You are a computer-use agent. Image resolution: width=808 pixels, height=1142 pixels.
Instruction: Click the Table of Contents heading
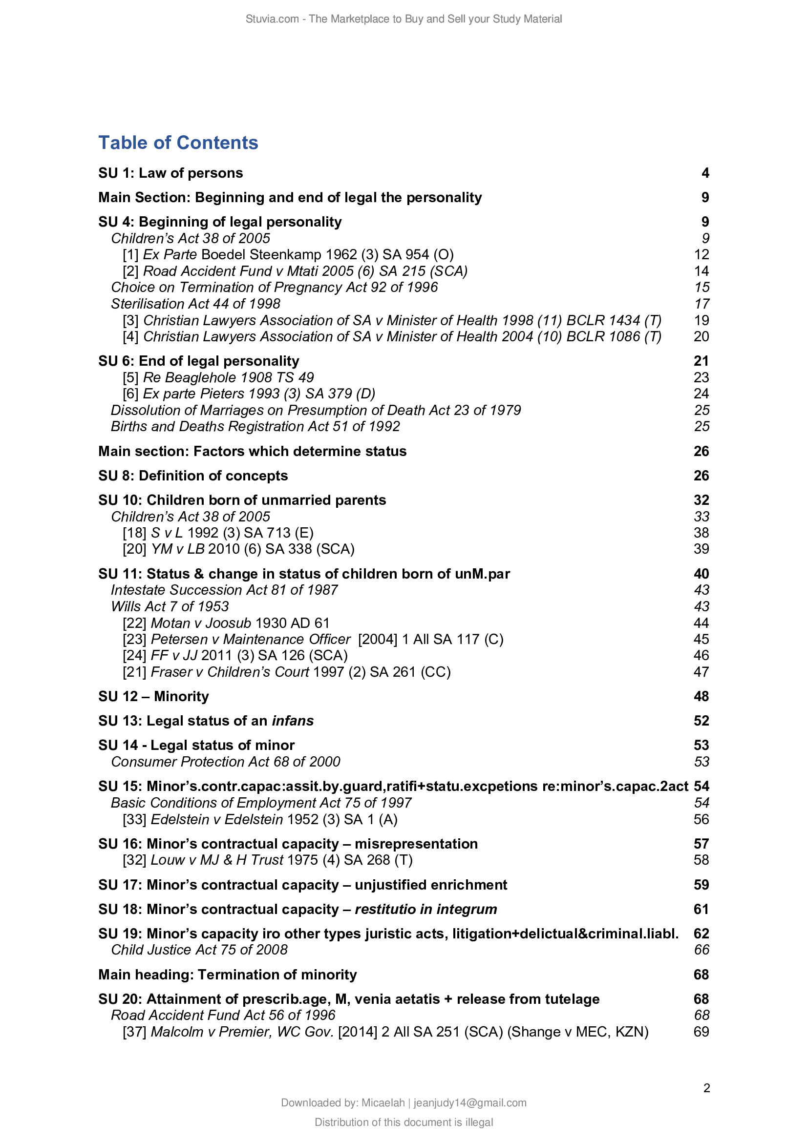click(178, 143)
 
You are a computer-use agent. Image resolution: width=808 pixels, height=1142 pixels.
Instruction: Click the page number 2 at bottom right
click(706, 1088)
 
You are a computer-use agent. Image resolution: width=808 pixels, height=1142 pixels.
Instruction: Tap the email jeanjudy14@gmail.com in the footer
click(469, 1103)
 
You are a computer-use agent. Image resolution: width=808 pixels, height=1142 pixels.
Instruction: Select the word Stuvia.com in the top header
click(272, 19)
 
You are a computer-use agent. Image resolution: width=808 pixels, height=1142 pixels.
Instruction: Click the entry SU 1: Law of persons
click(170, 173)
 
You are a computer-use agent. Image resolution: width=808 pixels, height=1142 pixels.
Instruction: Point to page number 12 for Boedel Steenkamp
click(701, 255)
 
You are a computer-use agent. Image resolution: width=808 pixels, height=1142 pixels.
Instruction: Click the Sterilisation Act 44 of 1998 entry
click(195, 304)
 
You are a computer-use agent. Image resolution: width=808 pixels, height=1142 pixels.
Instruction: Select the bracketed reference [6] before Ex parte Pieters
click(130, 394)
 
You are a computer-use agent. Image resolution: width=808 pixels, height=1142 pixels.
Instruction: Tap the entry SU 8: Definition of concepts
click(192, 476)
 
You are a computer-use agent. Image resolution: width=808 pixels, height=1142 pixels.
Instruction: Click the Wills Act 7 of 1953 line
click(170, 607)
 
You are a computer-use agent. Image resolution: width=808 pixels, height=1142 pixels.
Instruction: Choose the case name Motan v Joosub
click(200, 623)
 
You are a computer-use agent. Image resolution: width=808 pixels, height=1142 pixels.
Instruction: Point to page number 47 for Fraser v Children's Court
click(701, 672)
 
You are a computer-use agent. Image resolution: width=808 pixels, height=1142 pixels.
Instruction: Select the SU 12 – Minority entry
click(153, 696)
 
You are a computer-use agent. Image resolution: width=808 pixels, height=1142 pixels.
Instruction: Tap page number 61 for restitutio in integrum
click(701, 909)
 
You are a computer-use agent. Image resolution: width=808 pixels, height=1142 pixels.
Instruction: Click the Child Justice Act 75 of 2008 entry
click(199, 950)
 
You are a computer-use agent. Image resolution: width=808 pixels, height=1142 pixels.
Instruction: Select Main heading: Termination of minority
click(227, 975)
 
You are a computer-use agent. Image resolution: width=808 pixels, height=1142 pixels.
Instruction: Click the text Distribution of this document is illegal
click(404, 1122)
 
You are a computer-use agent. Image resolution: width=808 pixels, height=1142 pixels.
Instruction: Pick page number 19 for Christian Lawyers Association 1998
click(701, 320)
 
